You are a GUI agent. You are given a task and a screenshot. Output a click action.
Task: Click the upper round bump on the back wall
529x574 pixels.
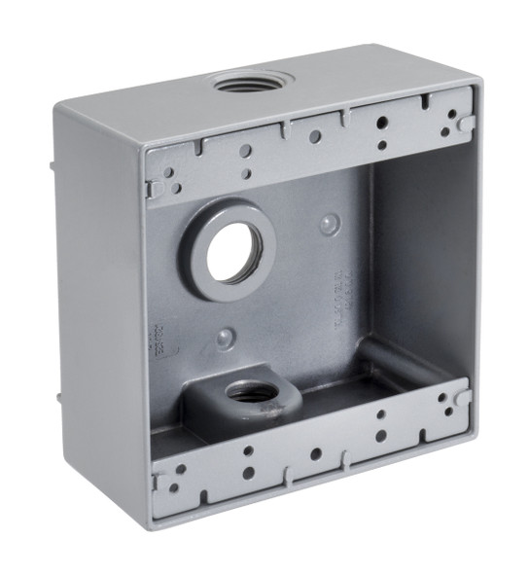pyautogui.click(x=331, y=226)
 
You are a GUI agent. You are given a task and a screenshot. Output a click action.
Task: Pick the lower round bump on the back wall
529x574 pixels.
pyautogui.click(x=225, y=338)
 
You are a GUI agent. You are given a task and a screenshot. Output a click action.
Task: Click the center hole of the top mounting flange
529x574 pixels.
pyautogui.click(x=314, y=136)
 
